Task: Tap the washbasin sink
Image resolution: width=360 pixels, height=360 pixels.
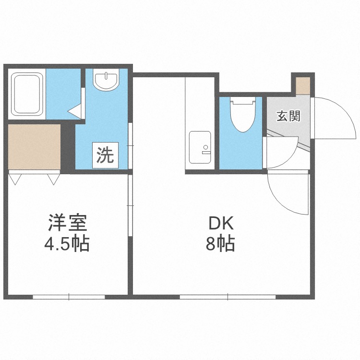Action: [x=106, y=81]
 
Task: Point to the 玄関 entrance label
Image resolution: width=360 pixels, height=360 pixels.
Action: [x=288, y=116]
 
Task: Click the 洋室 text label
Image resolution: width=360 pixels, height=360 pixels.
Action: [x=67, y=223]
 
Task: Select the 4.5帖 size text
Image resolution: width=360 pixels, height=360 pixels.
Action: [x=67, y=245]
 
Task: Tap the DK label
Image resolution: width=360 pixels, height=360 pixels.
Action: [x=220, y=223]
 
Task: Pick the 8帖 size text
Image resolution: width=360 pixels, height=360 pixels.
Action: [x=220, y=245]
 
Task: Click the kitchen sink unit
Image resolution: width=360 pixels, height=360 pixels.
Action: [x=200, y=146]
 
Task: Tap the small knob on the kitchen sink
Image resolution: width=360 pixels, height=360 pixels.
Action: [x=205, y=147]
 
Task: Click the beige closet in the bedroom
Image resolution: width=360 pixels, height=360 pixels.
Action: [x=35, y=146]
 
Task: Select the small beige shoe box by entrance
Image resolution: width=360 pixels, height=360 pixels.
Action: [x=303, y=85]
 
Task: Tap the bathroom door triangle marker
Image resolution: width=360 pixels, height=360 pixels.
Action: [x=75, y=111]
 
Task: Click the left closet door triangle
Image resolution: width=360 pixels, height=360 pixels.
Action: [x=15, y=180]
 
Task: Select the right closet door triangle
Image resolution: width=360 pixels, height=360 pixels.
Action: [x=53, y=180]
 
